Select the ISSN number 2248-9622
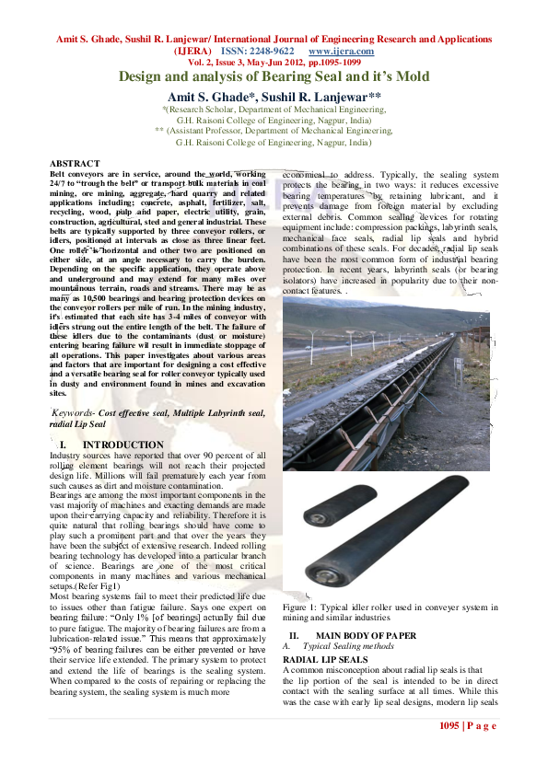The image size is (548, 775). (x=267, y=52)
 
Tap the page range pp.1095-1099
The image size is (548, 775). (x=332, y=63)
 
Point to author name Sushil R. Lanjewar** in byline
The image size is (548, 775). (x=328, y=96)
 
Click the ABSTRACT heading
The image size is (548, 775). (x=75, y=163)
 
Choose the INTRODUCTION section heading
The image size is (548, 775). (x=122, y=445)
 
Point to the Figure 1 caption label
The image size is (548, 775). (x=302, y=607)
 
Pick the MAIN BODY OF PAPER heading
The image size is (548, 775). (x=366, y=636)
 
